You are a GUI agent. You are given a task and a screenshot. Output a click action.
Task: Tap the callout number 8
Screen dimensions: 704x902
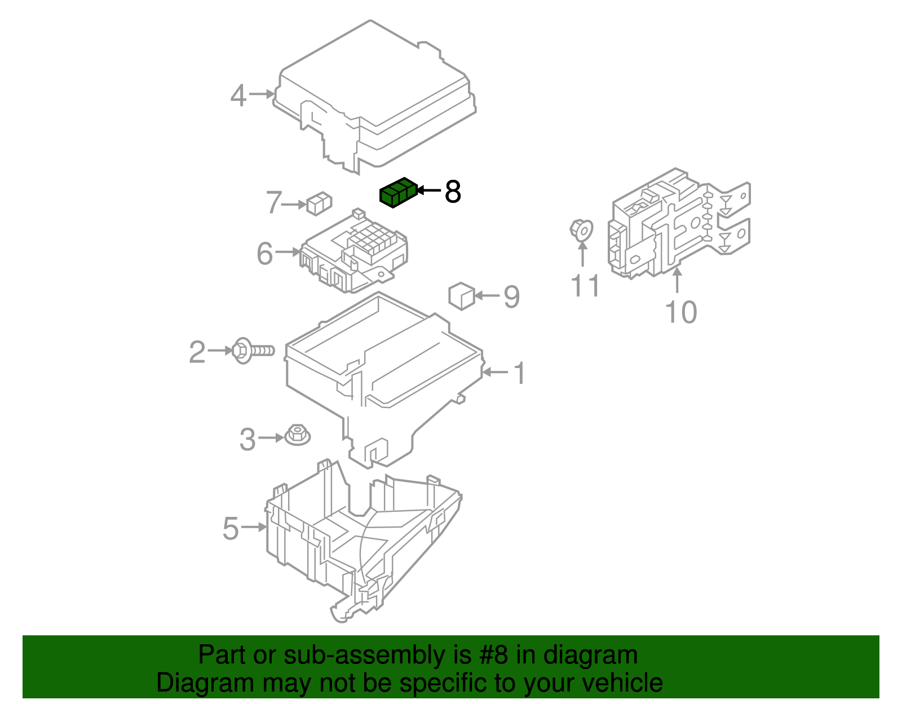pos(452,192)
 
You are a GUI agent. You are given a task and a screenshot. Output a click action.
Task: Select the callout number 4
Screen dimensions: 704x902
pos(238,96)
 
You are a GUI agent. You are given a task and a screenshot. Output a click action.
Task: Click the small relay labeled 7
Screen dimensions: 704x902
pos(319,203)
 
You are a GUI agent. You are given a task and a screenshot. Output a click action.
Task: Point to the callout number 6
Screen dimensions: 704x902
pos(264,254)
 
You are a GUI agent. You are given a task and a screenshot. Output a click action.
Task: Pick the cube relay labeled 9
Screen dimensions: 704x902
pos(462,296)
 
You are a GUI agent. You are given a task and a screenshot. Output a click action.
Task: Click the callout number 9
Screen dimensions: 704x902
pos(511,297)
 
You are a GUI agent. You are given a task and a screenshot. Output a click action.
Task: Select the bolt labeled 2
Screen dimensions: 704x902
pos(253,351)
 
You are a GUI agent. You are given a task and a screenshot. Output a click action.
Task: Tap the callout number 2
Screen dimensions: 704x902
pos(197,353)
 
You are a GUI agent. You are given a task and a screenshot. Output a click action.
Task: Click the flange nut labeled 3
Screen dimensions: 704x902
pos(297,435)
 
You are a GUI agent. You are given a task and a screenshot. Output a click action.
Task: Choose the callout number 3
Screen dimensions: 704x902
pos(247,440)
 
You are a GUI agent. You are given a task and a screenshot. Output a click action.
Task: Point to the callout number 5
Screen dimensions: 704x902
pos(231,529)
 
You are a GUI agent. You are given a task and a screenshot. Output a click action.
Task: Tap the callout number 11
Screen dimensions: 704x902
pos(585,286)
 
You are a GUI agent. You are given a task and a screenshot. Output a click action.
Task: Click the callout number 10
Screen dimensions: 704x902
pos(680,313)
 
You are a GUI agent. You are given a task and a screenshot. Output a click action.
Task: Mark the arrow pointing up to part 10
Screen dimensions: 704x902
pos(677,281)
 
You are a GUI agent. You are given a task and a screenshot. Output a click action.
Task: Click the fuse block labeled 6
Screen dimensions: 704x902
pos(355,251)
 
